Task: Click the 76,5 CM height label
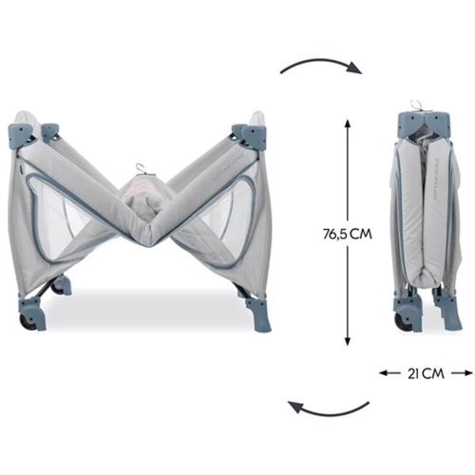pos(348,235)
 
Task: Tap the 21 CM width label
pos(426,374)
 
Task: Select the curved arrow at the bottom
pos(328,410)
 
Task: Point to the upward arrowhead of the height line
pos(348,123)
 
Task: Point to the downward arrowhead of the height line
pos(348,341)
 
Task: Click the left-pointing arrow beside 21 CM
pos(389,373)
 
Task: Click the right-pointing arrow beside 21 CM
pos(462,373)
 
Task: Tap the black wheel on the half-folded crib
pos(26,322)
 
